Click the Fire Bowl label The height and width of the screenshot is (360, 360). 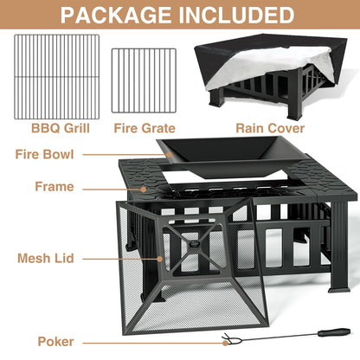click(x=44, y=155)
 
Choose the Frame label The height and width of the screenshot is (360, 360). click(x=54, y=186)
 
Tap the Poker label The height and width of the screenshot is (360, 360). click(x=55, y=342)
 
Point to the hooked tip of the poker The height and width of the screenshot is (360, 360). click(x=228, y=340)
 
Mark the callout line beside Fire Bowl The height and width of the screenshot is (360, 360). click(x=113, y=155)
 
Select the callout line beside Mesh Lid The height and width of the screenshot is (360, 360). click(x=120, y=257)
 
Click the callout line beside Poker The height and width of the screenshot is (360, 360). click(x=147, y=341)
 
